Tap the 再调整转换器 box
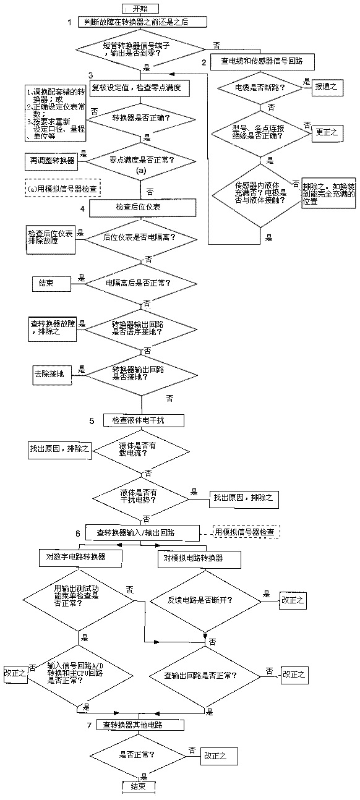(49, 160)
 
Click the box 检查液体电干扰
(144, 420)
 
